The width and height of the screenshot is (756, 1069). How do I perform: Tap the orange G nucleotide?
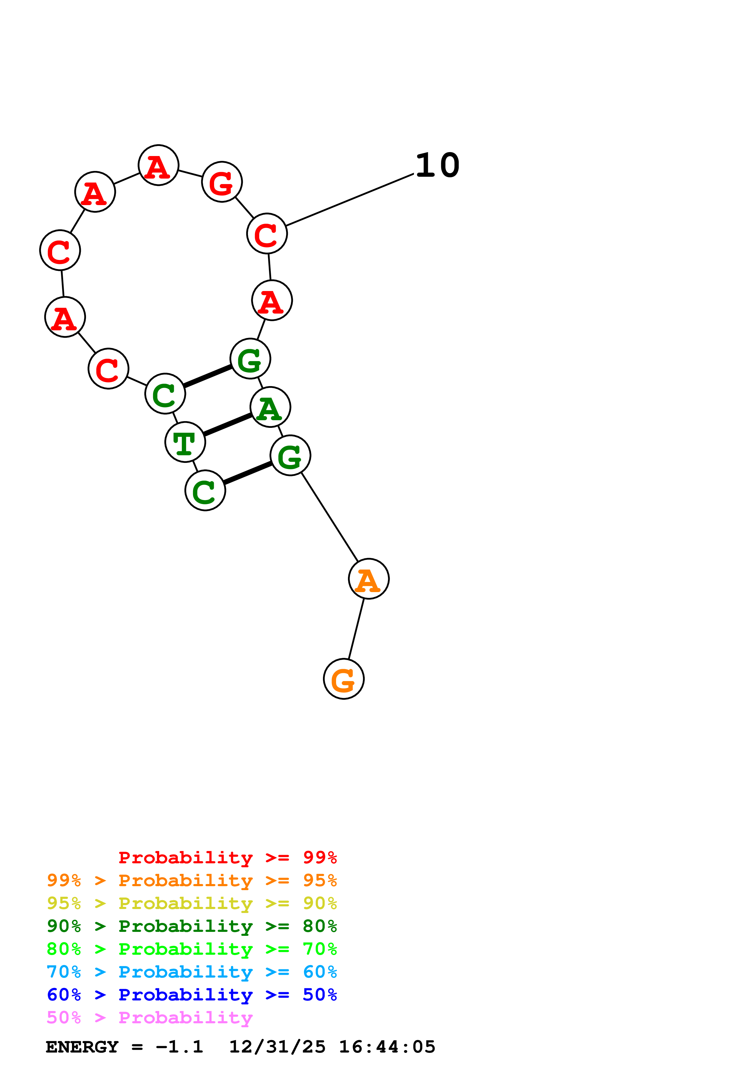(344, 679)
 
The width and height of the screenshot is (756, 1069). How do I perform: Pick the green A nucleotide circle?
(270, 407)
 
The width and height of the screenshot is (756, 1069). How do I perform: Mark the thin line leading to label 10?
(349, 200)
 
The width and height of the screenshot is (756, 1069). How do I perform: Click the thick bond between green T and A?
(228, 424)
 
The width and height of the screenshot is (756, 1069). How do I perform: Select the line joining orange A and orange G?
(356, 629)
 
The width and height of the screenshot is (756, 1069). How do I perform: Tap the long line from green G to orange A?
(330, 517)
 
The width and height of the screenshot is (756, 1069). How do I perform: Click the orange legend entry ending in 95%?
(192, 880)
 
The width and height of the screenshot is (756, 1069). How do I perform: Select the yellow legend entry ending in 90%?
(192, 903)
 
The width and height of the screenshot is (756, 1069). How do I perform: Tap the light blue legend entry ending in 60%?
(192, 972)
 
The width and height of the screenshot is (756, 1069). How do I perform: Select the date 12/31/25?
(277, 1047)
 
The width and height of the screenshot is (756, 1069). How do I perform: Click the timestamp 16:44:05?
(387, 1047)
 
